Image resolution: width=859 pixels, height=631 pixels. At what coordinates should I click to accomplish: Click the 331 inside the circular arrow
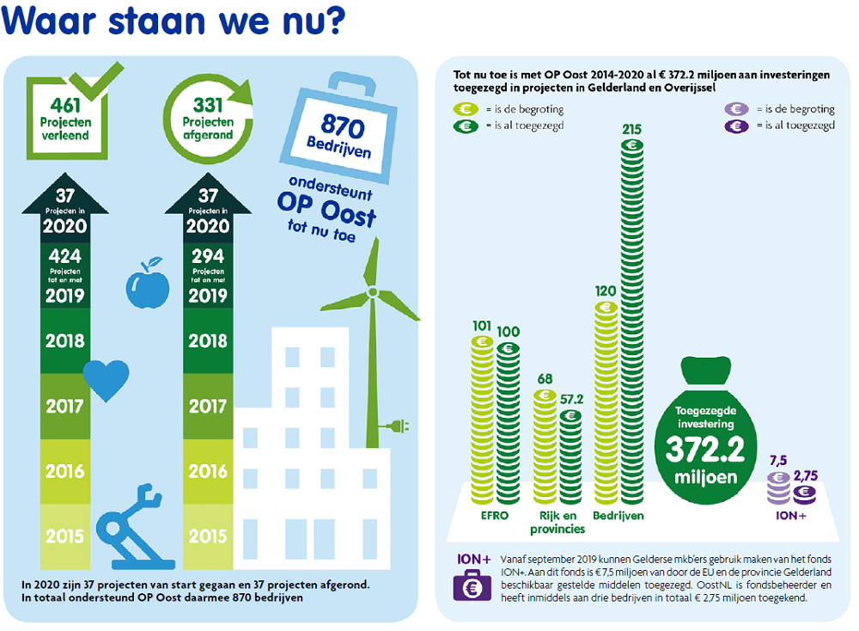tap(207, 106)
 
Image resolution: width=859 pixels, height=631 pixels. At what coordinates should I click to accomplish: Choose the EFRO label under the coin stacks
tap(495, 516)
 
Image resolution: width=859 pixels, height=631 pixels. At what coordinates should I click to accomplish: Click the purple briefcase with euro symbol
tap(472, 588)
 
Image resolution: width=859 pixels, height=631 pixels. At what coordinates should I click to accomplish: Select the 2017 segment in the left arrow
tap(65, 405)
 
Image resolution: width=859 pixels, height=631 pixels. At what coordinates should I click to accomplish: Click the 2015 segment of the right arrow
tap(208, 536)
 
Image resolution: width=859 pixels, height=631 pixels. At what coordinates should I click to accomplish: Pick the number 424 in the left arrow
tap(65, 255)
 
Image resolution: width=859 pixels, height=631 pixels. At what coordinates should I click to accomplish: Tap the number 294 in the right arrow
tap(208, 255)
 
